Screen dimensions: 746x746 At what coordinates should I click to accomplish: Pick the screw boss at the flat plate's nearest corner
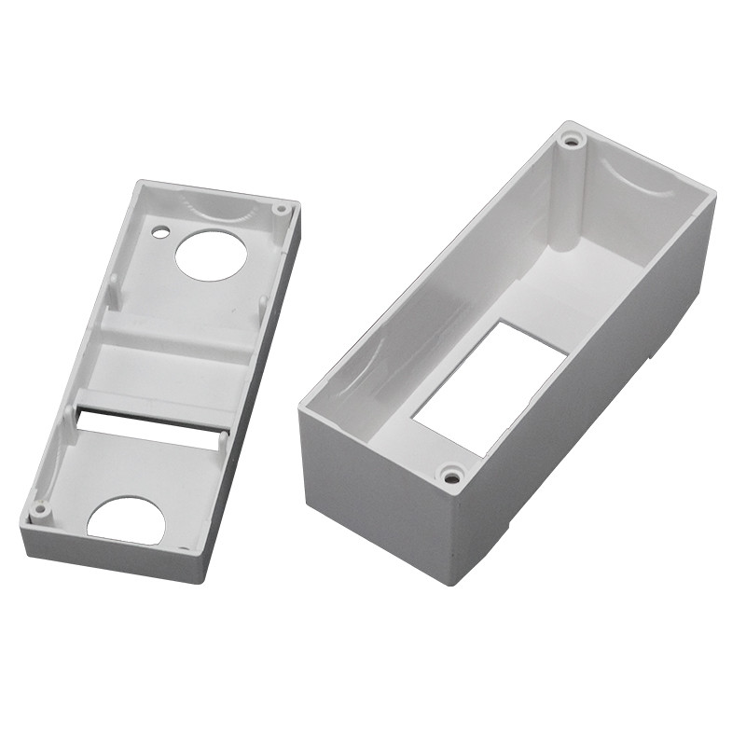tap(40, 509)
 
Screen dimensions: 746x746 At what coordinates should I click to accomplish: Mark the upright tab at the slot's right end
tap(224, 439)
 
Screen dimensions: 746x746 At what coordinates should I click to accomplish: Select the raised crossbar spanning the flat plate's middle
tap(177, 330)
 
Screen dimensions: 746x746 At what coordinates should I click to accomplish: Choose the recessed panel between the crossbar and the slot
tap(163, 373)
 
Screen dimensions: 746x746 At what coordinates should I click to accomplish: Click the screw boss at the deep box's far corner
tap(571, 143)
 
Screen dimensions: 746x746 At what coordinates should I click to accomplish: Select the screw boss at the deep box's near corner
tap(452, 477)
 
